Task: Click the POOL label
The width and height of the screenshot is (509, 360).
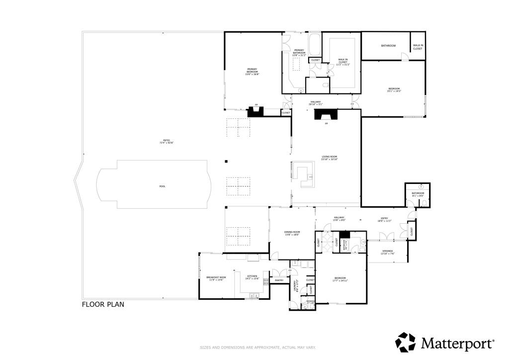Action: (x=162, y=186)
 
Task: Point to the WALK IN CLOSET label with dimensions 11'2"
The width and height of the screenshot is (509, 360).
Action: (x=343, y=62)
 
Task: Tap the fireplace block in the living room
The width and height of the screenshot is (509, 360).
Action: (x=326, y=115)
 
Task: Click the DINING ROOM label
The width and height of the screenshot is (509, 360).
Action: (x=292, y=233)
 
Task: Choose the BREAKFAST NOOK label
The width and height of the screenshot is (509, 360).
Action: (x=216, y=278)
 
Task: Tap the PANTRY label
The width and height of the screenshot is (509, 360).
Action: (x=279, y=280)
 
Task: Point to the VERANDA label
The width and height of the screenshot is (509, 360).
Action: (x=388, y=252)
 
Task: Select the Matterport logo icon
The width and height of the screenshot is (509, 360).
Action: (x=405, y=343)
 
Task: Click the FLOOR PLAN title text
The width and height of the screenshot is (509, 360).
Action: (x=103, y=304)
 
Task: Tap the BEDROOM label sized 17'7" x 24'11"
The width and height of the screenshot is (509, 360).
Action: (x=340, y=279)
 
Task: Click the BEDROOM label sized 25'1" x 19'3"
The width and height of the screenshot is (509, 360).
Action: (x=394, y=90)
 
